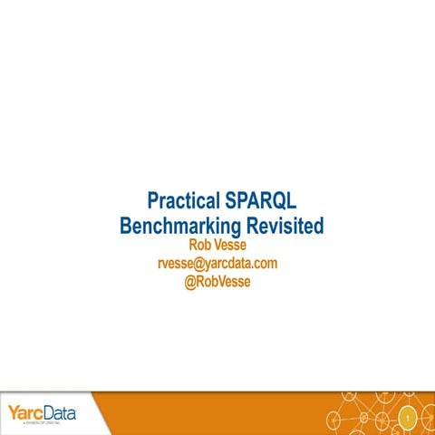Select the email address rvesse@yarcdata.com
tap(217, 264)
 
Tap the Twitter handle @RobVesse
tap(217, 282)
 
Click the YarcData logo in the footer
tap(42, 413)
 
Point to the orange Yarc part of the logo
tap(24, 412)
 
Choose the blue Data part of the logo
tap(59, 412)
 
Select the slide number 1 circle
tap(408, 418)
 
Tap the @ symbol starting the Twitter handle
tap(189, 282)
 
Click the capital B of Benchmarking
tap(126, 226)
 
